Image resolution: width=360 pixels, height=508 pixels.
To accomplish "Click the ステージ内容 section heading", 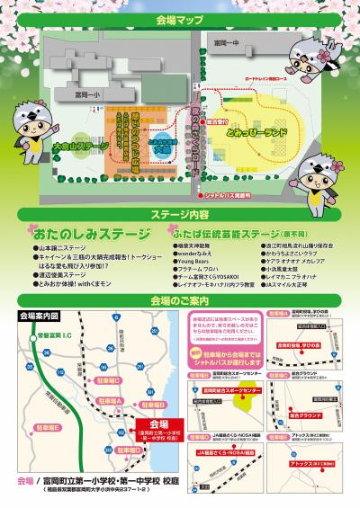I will tap(180, 215).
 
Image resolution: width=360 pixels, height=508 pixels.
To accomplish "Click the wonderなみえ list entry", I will tap(195, 254).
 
